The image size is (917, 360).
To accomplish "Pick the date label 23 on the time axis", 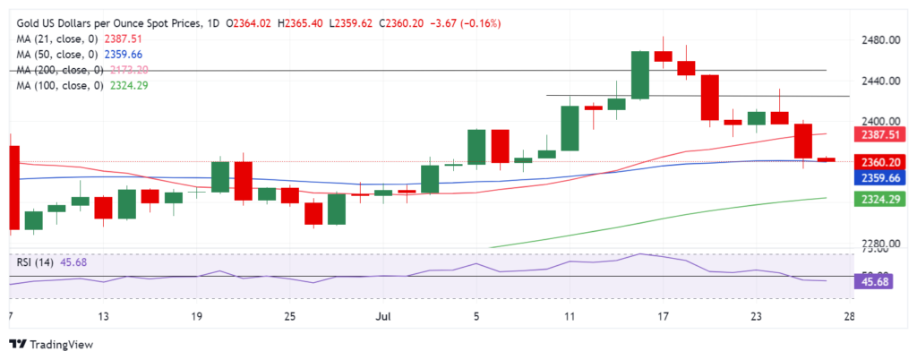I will pyautogui.click(x=756, y=315).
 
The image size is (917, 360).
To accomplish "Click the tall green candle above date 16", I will pyautogui.click(x=639, y=74).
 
